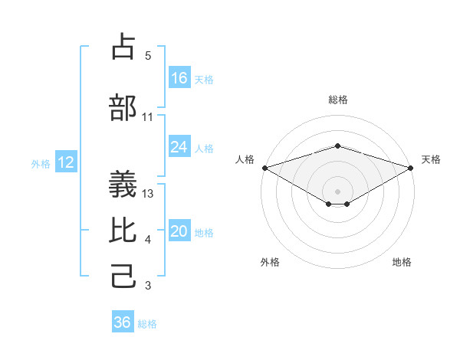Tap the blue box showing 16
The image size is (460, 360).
click(x=179, y=78)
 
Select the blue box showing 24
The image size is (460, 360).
click(x=179, y=147)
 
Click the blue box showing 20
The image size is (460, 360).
click(x=179, y=231)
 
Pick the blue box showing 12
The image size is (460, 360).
click(x=65, y=162)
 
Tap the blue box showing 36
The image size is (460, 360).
click(x=123, y=322)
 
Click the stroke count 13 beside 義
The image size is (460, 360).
click(x=149, y=194)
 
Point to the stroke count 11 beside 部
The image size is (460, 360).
click(x=148, y=117)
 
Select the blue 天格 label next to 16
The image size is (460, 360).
click(x=204, y=79)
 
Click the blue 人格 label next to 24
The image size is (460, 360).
click(x=204, y=148)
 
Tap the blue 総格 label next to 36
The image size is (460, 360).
click(x=147, y=323)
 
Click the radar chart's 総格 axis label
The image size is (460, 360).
click(x=337, y=100)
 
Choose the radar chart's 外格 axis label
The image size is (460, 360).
click(x=270, y=262)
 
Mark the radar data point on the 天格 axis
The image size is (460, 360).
click(x=412, y=168)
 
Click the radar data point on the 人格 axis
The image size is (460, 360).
click(x=264, y=168)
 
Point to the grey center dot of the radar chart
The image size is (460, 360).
click(x=337, y=191)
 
